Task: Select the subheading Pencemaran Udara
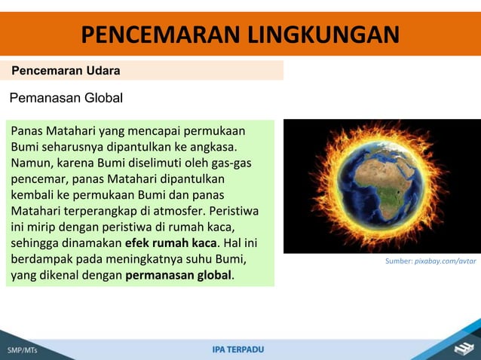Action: click(x=65, y=71)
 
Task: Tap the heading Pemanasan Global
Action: click(x=66, y=97)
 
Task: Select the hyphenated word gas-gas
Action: click(x=231, y=162)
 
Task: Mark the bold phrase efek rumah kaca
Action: click(x=170, y=243)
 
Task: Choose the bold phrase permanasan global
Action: click(x=179, y=276)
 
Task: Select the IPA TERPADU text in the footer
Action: click(x=238, y=349)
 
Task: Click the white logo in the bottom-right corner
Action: click(x=462, y=346)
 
